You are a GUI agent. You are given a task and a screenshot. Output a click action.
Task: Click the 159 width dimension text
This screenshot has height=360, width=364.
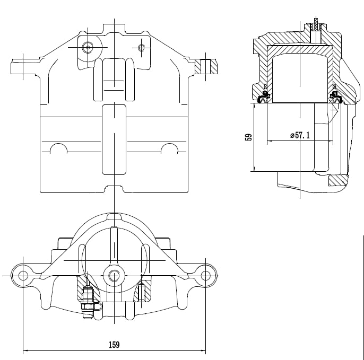click(x=114, y=345)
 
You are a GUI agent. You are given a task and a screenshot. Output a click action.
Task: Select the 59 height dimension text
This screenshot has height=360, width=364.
click(x=248, y=137)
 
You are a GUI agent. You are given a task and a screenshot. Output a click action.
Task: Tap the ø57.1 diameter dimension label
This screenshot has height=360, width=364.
click(x=300, y=136)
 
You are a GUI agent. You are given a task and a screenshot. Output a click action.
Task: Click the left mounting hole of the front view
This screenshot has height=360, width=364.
click(x=23, y=275)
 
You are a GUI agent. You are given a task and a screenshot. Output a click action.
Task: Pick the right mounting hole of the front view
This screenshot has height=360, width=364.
click(x=205, y=275)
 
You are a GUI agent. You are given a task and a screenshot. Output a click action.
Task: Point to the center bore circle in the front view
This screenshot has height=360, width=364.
click(x=114, y=275)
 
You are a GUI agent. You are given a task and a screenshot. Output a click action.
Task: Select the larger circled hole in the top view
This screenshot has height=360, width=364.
click(x=88, y=47)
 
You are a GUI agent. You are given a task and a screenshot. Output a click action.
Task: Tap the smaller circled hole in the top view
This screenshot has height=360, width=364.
click(x=141, y=48)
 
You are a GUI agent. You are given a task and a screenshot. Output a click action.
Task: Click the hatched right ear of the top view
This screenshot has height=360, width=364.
click(x=205, y=67)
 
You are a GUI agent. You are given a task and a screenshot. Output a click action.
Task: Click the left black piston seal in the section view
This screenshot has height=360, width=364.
click(x=263, y=98)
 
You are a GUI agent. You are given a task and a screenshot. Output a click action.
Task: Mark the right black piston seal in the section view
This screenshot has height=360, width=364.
click(x=335, y=98)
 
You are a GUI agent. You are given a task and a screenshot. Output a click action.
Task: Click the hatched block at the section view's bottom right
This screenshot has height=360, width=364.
click(x=338, y=180)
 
